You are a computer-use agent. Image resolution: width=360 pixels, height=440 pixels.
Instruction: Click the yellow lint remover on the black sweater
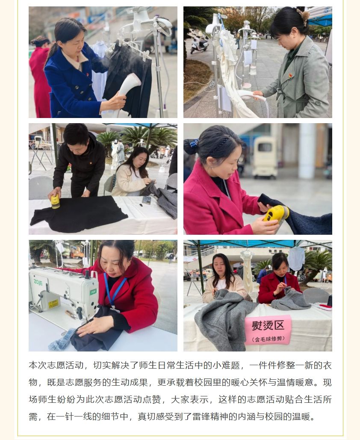pos(55,201)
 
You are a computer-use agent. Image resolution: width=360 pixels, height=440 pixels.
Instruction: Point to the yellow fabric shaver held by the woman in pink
pos(276,214)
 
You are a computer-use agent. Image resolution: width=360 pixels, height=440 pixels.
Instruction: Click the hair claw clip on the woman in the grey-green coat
pos(303,16)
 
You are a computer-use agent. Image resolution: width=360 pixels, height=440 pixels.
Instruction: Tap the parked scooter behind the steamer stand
pos(199,44)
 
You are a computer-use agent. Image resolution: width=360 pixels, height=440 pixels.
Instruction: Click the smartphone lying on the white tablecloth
pos(147,200)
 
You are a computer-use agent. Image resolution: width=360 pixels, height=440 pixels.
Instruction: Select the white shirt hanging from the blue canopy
pos(296,258)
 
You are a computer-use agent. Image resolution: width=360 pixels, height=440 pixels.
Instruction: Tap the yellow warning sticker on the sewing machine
pos(53,304)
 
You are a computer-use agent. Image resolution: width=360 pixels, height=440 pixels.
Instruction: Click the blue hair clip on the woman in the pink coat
pos(194,143)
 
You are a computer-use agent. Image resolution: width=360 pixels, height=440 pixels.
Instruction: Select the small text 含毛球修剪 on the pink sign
pos(268,339)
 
